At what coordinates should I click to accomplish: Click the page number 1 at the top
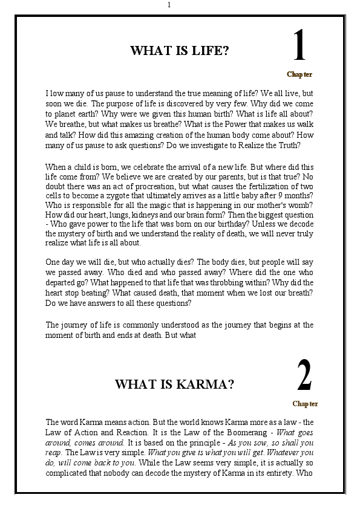(169, 5)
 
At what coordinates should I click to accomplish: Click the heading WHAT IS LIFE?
(180, 51)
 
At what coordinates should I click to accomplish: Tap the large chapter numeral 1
(299, 48)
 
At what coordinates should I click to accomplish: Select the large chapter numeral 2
(304, 377)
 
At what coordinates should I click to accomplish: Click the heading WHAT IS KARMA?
(175, 384)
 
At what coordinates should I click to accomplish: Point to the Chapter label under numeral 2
(305, 404)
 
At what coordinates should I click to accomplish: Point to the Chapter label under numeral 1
(299, 74)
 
